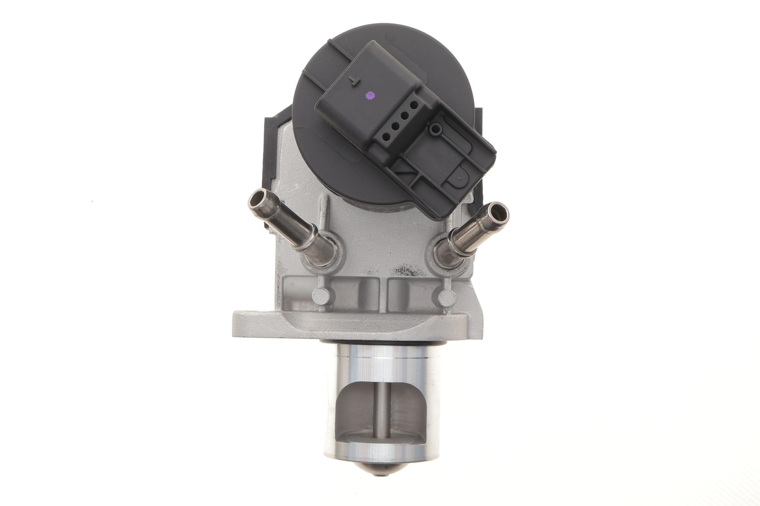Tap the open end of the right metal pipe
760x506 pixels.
click(498, 212)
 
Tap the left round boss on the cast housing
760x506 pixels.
click(321, 294)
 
